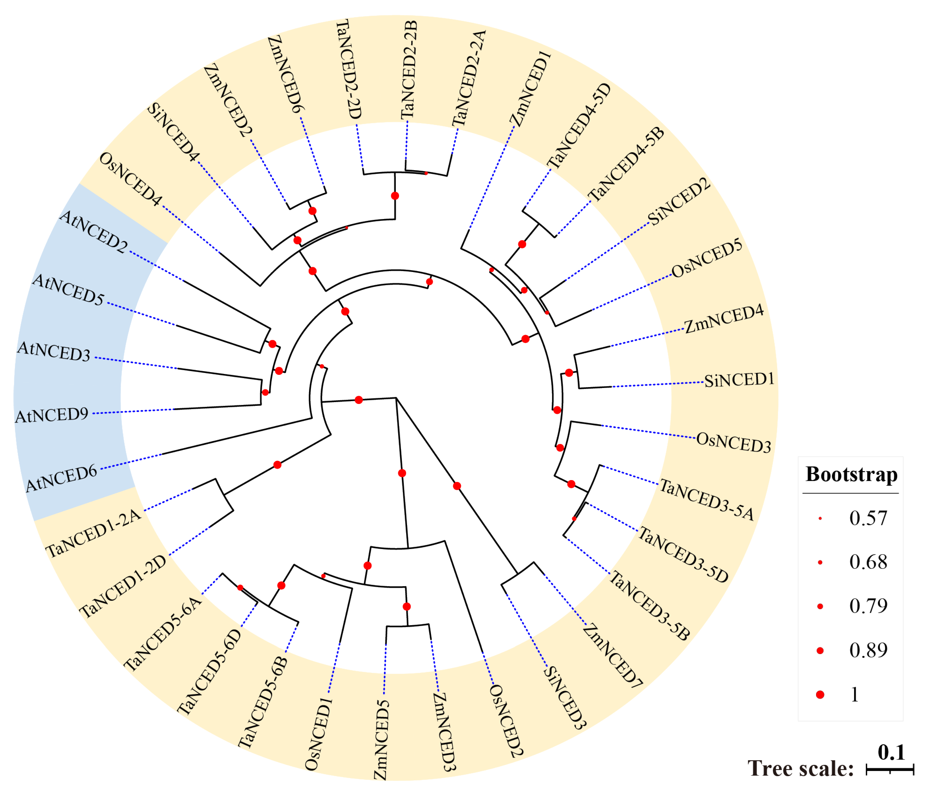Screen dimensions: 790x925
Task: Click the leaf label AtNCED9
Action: click(52, 415)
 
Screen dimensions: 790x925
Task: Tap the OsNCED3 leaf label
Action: click(733, 442)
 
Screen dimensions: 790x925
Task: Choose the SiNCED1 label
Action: click(739, 380)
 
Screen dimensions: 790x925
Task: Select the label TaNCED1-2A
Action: click(93, 533)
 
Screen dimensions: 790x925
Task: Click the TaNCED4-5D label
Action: click(579, 126)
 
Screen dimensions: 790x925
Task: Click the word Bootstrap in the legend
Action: click(851, 474)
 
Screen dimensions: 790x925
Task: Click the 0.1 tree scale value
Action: click(891, 753)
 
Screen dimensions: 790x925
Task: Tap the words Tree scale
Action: click(800, 769)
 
